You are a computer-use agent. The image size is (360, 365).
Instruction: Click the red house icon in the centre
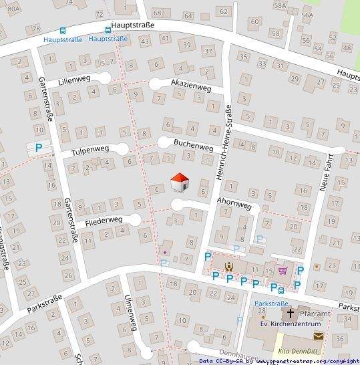point(180,182)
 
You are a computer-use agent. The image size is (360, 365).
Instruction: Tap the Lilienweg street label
point(73,80)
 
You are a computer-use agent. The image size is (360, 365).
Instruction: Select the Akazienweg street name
point(191,88)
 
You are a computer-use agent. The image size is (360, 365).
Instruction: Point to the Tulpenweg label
point(89,152)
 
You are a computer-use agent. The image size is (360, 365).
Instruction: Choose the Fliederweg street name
point(104,220)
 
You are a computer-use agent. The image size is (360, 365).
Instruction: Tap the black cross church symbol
point(291,313)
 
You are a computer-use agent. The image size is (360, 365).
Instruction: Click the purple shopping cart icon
point(283,270)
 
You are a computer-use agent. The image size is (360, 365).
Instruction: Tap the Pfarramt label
point(314,313)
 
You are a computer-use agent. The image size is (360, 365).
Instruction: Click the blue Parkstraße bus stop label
point(271,303)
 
